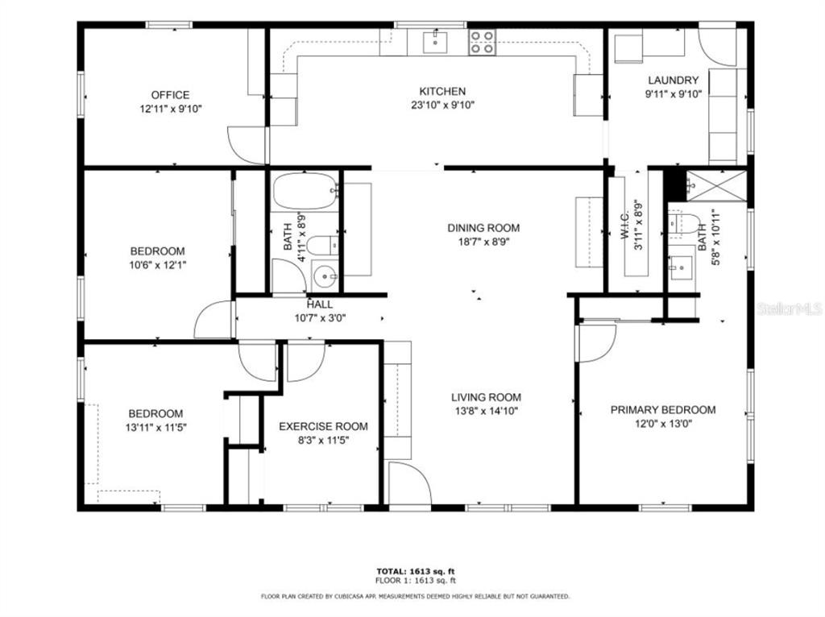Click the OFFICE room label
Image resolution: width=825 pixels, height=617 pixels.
tap(170, 95)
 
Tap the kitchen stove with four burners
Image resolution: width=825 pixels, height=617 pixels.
tap(483, 42)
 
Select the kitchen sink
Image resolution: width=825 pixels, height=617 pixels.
tap(435, 42)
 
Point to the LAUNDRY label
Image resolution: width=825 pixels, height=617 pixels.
tap(673, 81)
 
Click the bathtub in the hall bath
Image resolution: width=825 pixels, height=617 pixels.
tap(305, 192)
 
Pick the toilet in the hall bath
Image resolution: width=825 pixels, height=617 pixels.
tap(321, 246)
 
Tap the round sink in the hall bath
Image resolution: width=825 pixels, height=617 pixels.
tap(325, 275)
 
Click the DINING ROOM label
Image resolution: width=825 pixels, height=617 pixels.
tap(483, 228)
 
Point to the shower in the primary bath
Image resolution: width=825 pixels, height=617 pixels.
tap(716, 186)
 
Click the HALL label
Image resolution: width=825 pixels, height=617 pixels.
tap(320, 304)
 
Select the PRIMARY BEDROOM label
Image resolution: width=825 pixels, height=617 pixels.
tap(663, 410)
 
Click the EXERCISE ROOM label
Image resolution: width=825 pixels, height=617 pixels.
tap(323, 427)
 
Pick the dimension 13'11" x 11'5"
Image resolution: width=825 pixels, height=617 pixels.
tap(155, 428)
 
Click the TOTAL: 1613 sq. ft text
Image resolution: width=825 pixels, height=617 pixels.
tap(416, 571)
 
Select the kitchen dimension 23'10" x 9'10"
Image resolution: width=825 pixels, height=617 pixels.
tap(442, 106)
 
